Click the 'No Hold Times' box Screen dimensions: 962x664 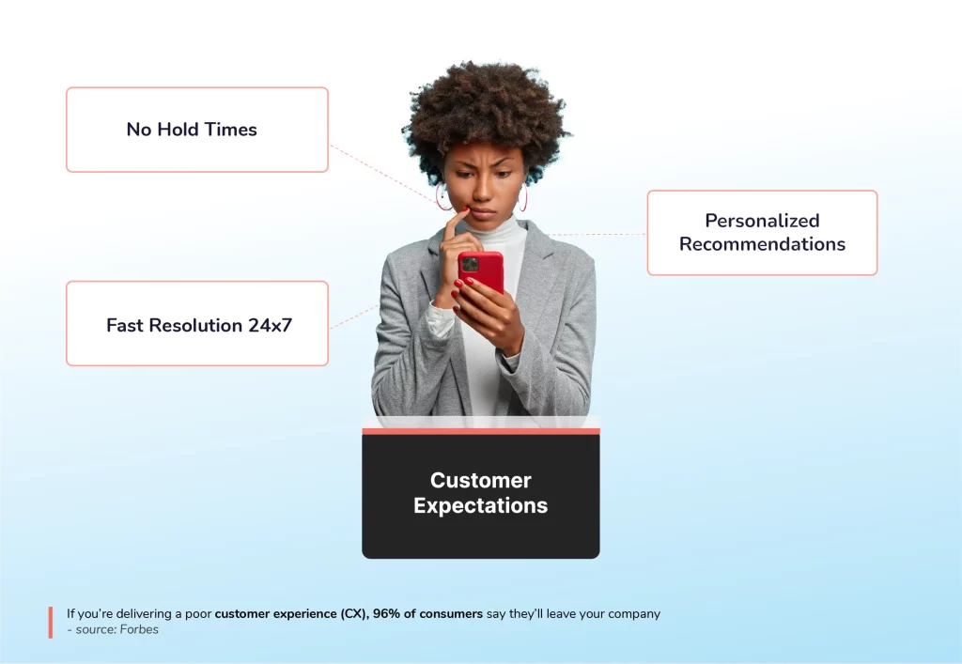point(197,130)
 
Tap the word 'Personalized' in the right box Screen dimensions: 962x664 point(762,221)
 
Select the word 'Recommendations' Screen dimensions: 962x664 point(762,244)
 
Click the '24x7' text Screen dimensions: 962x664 point(270,325)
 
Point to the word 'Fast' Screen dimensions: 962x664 point(125,325)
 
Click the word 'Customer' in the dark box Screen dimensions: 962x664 point(480,480)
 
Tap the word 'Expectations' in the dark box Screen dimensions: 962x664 point(480,505)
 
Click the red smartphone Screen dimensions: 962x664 point(481,277)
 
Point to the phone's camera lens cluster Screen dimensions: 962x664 point(470,264)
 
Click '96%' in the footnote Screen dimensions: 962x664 point(385,613)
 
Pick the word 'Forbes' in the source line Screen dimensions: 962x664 point(139,629)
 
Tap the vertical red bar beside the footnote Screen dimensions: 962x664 point(51,623)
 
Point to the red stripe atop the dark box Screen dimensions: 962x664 point(480,431)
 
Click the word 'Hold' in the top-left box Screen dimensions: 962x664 point(178,130)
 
